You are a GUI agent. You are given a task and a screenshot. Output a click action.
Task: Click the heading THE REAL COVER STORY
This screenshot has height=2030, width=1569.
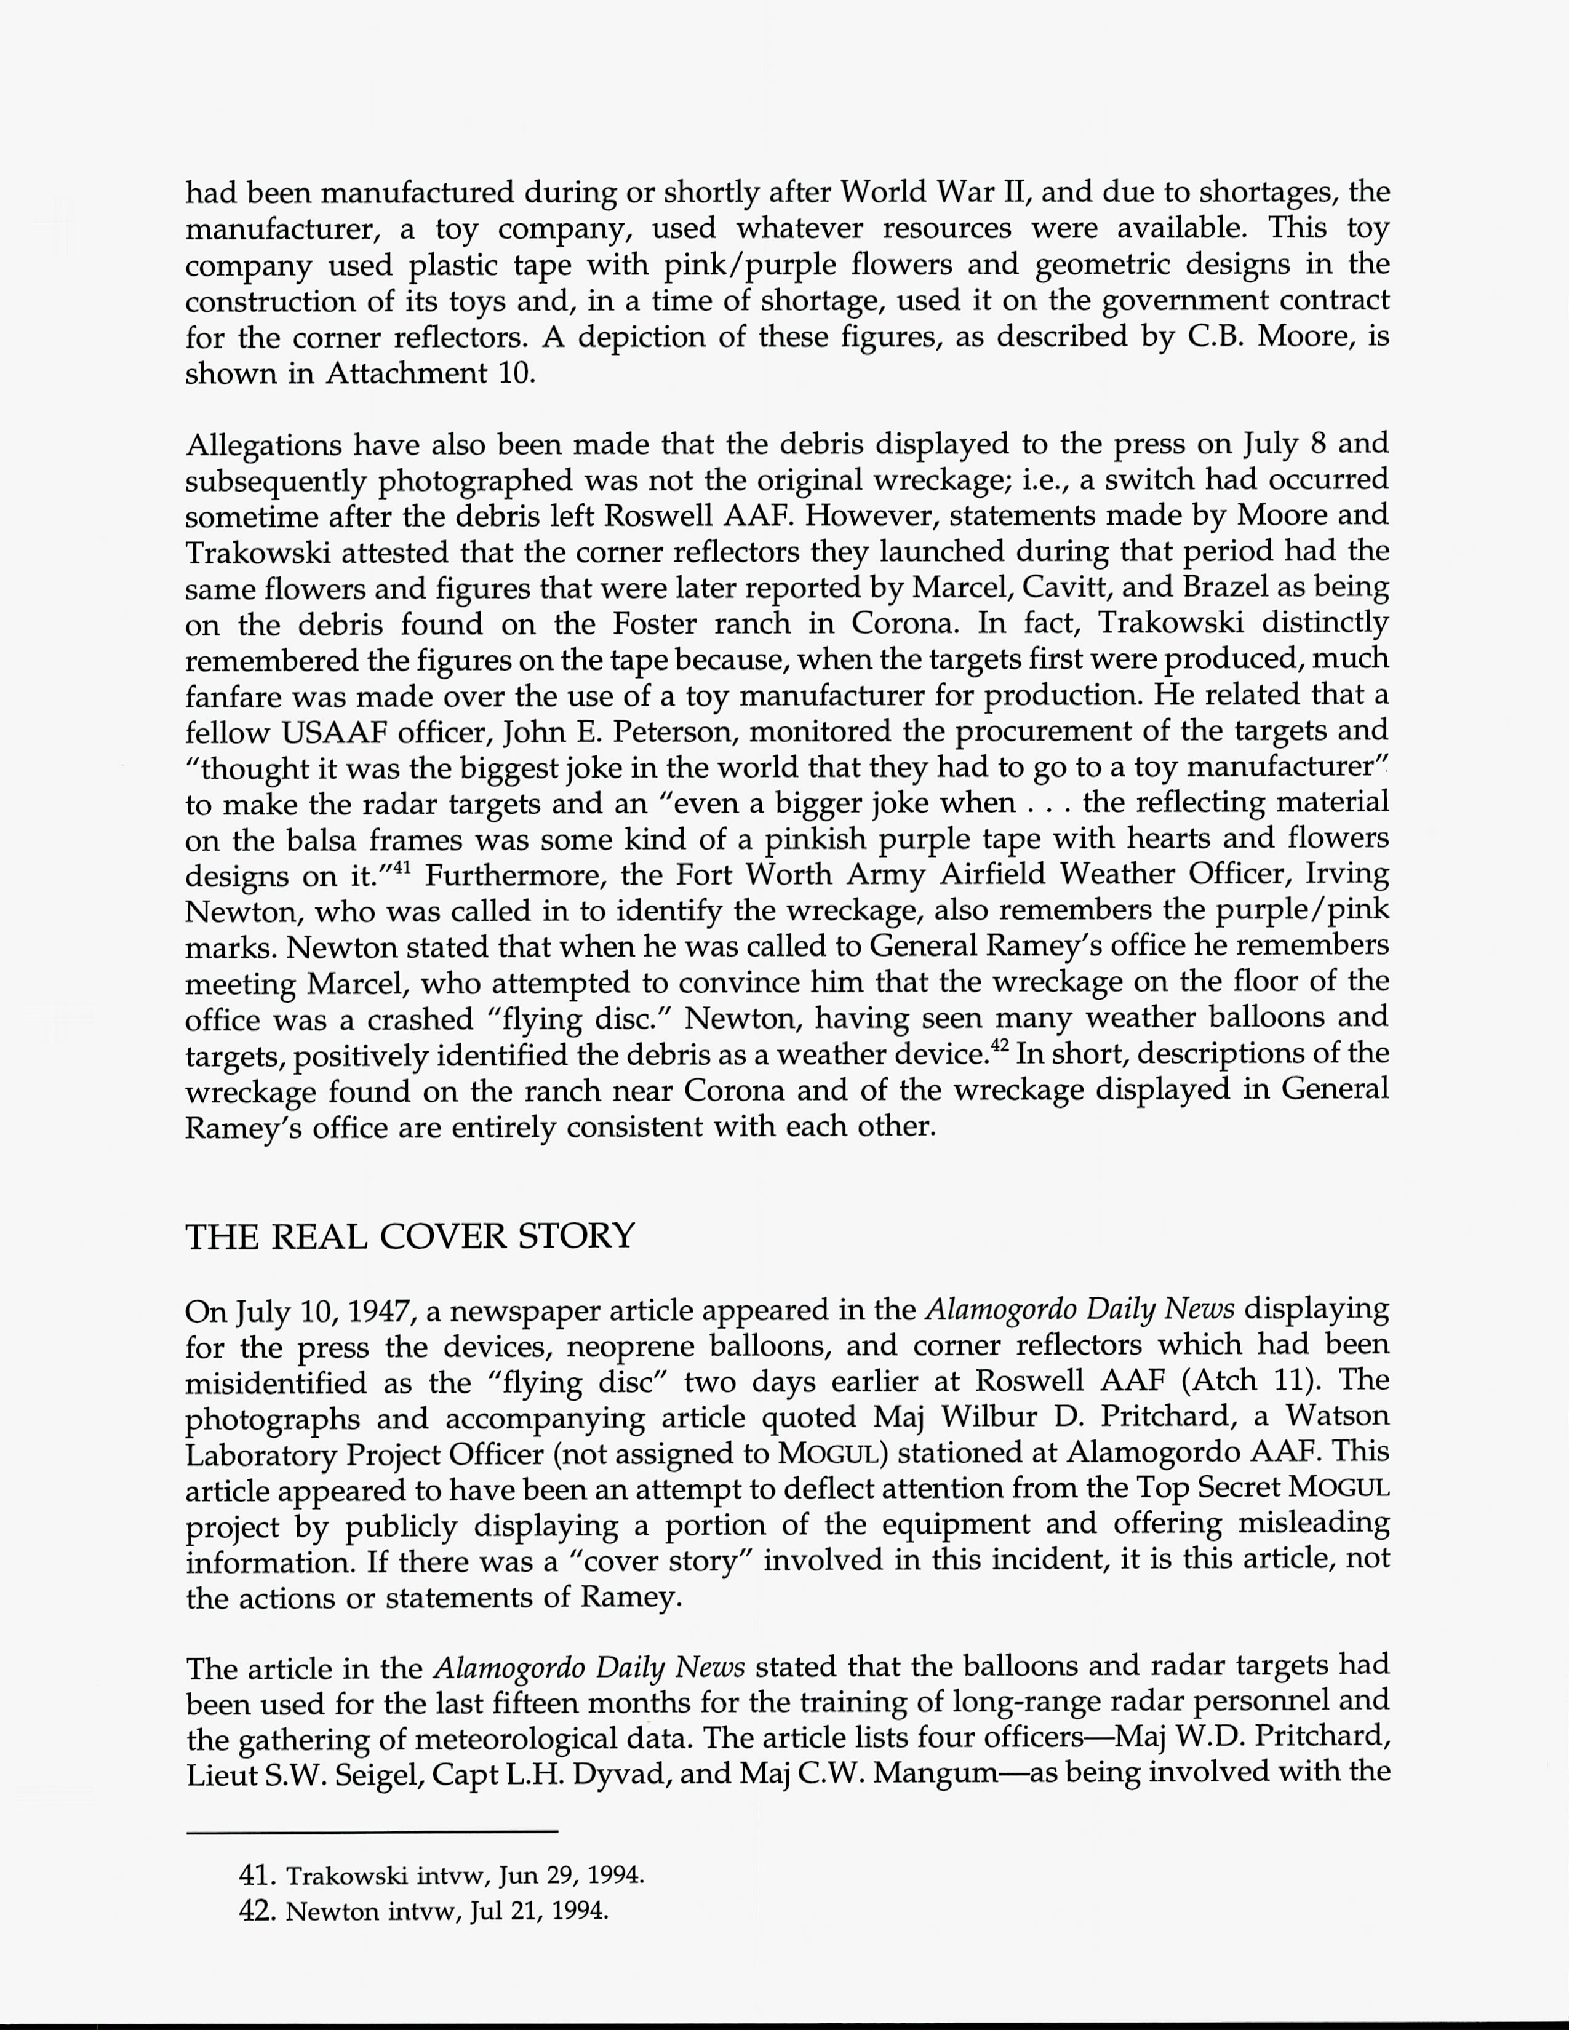410,1237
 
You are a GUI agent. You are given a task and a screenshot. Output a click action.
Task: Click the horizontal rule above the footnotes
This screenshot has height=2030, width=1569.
372,1832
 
